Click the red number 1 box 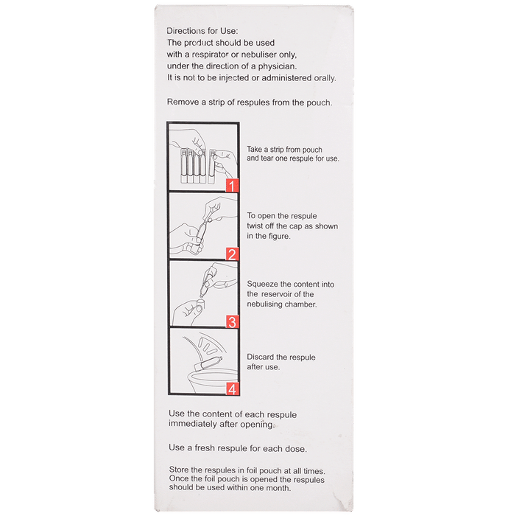point(231,186)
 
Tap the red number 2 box point(231,254)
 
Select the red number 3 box point(231,321)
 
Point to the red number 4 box point(231,388)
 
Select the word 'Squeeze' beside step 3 point(263,282)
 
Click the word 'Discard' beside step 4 point(261,357)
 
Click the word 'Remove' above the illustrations point(184,102)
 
